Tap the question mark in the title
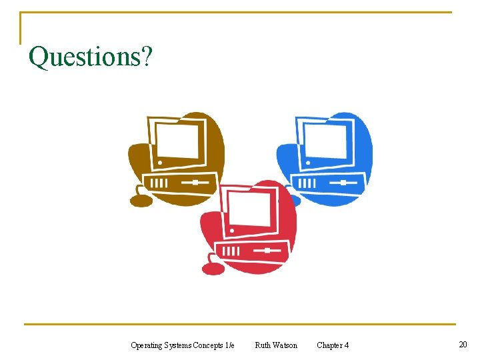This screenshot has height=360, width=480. point(147,57)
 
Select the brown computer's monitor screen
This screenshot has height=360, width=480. point(176,141)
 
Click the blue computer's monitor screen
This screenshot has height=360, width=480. point(324,141)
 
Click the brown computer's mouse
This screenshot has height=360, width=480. point(141,200)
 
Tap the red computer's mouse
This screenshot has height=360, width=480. point(213,269)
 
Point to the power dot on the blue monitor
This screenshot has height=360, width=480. point(308,162)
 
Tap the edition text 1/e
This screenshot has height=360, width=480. point(230,345)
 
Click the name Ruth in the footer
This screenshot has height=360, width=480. point(263,345)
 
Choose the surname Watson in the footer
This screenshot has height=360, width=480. point(285,345)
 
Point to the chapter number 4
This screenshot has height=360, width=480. point(346,345)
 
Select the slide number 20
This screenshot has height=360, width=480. point(463,344)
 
